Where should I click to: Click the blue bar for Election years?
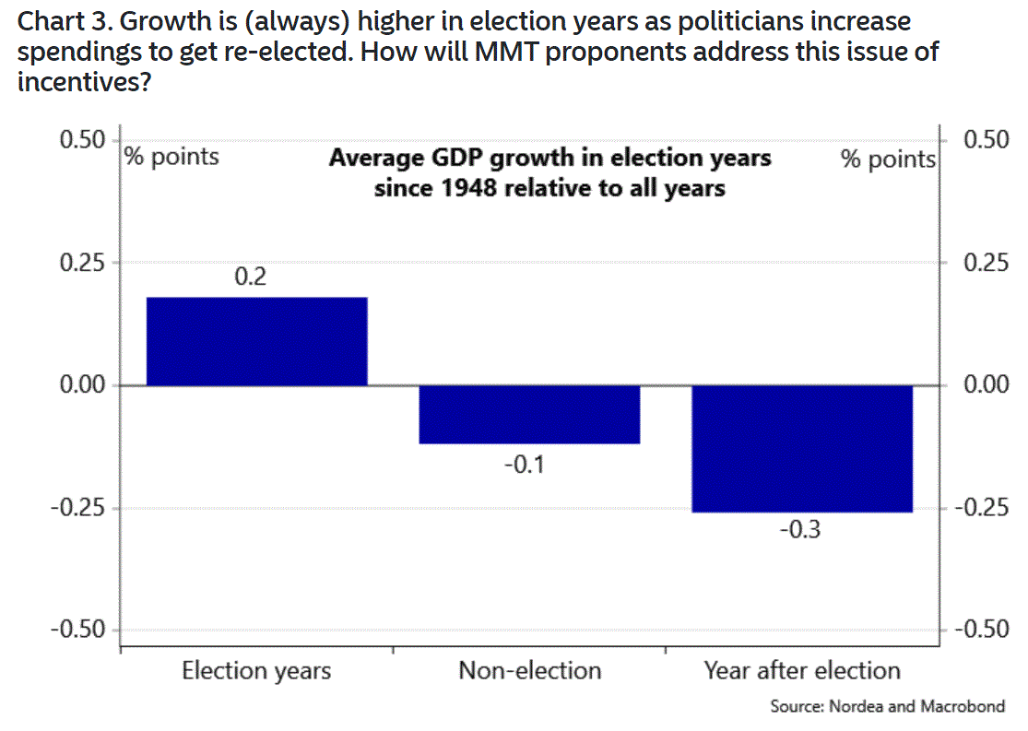pyautogui.click(x=257, y=341)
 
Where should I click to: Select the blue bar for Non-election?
pyautogui.click(x=529, y=415)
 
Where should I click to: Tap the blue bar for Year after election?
pyautogui.click(x=802, y=449)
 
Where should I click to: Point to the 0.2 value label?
pyautogui.click(x=250, y=276)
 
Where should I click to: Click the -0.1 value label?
pyautogui.click(x=524, y=464)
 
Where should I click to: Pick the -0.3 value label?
pyautogui.click(x=798, y=532)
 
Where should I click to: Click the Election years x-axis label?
pyautogui.click(x=256, y=670)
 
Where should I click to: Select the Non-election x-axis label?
pyautogui.click(x=529, y=670)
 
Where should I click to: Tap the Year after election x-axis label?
pyautogui.click(x=802, y=670)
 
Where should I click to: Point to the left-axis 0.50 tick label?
pyautogui.click(x=83, y=140)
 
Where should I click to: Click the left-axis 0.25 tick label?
pyautogui.click(x=83, y=263)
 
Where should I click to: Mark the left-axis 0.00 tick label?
pyautogui.click(x=83, y=385)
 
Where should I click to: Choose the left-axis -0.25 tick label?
pyautogui.click(x=78, y=508)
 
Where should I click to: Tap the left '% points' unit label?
pyautogui.click(x=172, y=157)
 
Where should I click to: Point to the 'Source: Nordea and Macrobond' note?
pyautogui.click(x=887, y=707)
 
